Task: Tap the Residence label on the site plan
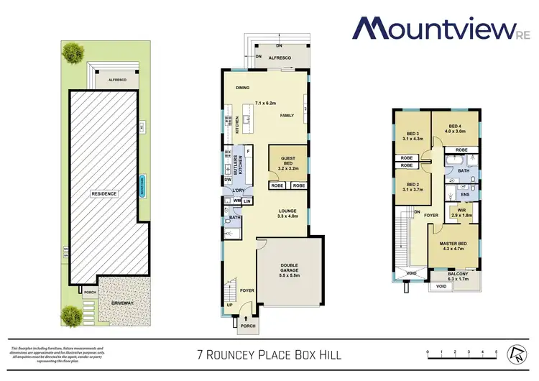point(103,194)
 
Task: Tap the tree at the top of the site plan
point(72,51)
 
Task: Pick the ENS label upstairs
point(465,194)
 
